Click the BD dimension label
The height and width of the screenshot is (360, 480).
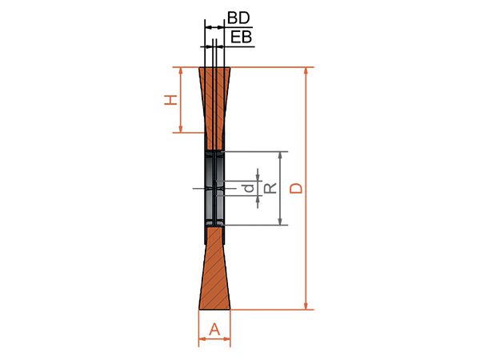[238, 18]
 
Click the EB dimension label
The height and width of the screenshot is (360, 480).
[241, 37]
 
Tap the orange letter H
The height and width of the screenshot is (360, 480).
[171, 100]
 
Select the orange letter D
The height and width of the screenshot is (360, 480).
[296, 188]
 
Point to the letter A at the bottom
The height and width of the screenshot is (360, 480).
[214, 330]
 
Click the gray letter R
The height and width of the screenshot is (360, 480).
[270, 188]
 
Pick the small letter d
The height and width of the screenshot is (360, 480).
[250, 188]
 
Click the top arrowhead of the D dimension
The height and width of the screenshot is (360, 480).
[306, 70]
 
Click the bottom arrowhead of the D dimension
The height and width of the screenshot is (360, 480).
[306, 306]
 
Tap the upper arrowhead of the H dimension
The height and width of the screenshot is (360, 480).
[181, 70]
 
